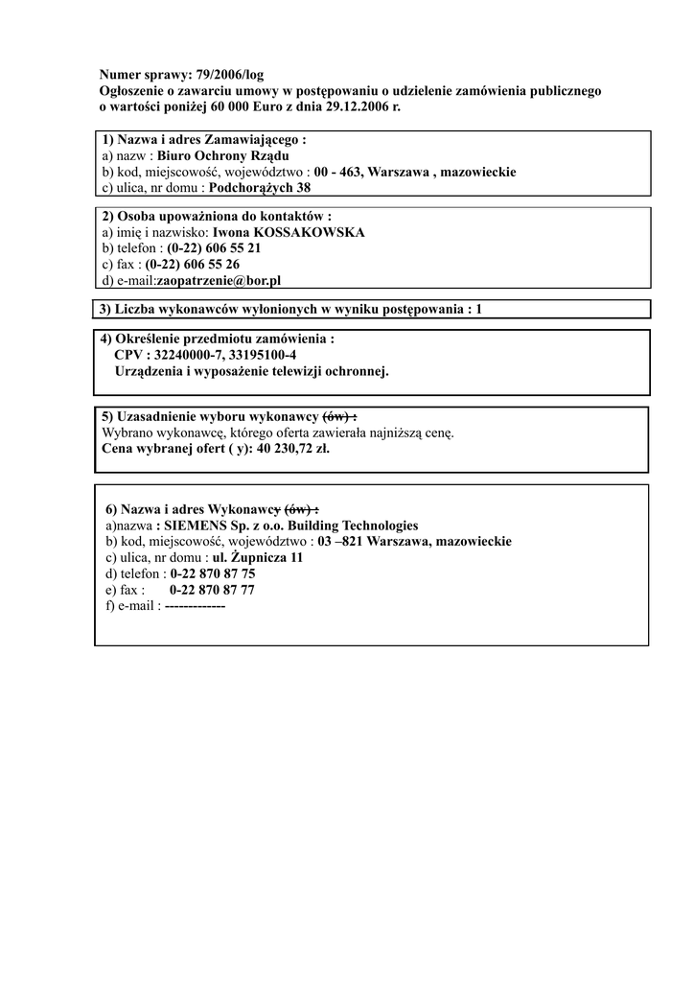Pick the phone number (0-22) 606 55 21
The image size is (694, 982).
tap(214, 248)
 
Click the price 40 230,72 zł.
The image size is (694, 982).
tap(293, 449)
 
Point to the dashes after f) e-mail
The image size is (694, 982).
tap(195, 607)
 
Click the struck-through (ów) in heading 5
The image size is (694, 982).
tap(337, 416)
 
